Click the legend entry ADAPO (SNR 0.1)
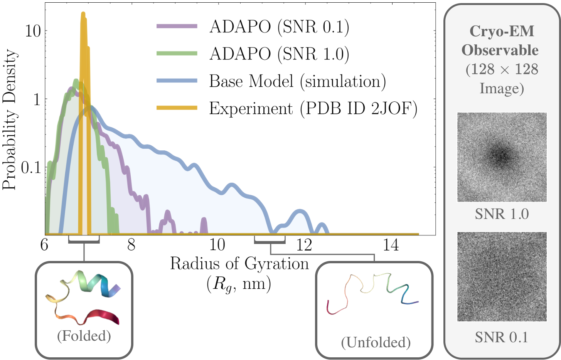point(279,27)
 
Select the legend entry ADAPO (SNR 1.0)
point(279,54)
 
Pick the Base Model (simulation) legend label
point(297,81)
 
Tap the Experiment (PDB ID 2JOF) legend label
point(313,109)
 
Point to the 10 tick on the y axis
point(33,31)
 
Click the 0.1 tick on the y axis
point(31,167)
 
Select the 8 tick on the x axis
point(131,245)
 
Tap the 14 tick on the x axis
point(391,245)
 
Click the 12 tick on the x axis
point(304,245)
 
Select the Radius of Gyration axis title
point(239,264)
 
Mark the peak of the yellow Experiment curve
point(83,14)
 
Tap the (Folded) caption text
point(84,336)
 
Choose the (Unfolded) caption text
point(376,342)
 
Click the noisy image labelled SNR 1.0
point(502,157)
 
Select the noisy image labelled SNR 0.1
point(502,277)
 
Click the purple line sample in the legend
point(177,27)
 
